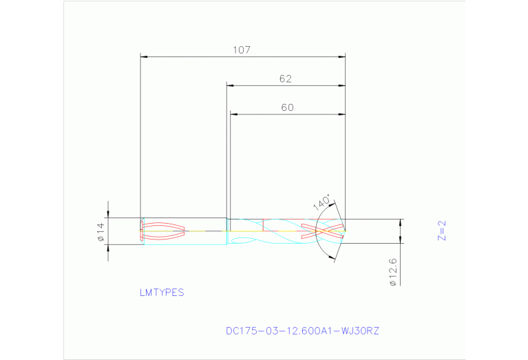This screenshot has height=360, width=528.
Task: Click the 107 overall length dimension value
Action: (241, 50)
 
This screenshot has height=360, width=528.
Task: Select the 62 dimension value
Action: (286, 78)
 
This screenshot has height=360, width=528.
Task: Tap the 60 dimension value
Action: (287, 107)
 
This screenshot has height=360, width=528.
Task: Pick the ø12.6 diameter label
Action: (392, 273)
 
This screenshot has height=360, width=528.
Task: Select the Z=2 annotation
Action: (442, 230)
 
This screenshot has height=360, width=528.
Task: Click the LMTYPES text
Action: (162, 292)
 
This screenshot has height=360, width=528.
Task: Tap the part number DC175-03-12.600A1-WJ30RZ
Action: (302, 330)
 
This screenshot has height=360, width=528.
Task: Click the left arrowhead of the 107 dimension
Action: (144, 56)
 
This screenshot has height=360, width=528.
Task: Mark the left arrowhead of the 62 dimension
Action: (231, 85)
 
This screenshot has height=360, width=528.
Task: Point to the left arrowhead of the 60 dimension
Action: (234, 114)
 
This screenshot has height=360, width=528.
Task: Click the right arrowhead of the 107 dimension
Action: (341, 56)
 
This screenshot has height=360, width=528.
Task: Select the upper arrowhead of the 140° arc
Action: (335, 204)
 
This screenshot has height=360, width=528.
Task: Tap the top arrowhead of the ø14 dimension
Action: (107, 215)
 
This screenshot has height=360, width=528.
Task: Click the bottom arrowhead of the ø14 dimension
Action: (107, 248)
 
